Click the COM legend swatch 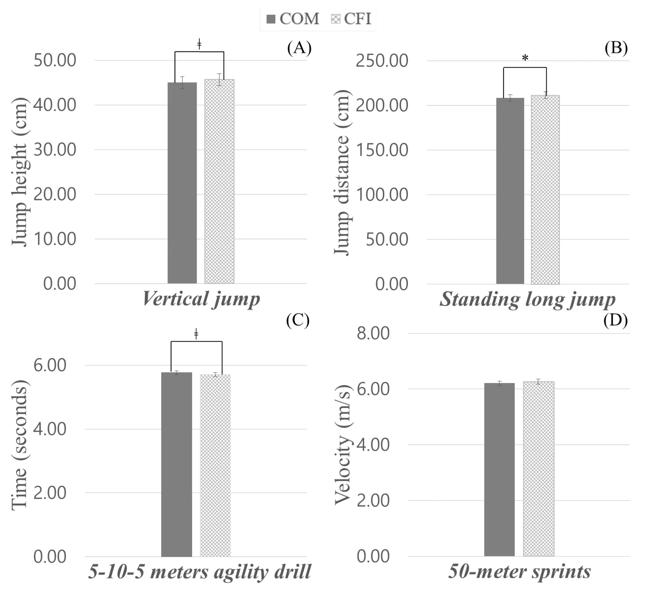pyautogui.click(x=271, y=19)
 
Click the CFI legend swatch pyautogui.click(x=335, y=19)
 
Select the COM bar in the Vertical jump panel pyautogui.click(x=182, y=183)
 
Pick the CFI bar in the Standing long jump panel pyautogui.click(x=545, y=189)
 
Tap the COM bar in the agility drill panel pyautogui.click(x=177, y=464)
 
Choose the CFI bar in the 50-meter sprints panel pyautogui.click(x=539, y=469)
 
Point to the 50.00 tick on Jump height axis pyautogui.click(x=55, y=60)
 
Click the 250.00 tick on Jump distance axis pyautogui.click(x=382, y=61)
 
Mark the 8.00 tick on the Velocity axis pyautogui.click(x=373, y=333)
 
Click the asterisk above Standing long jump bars pyautogui.click(x=525, y=58)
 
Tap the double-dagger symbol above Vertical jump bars pyautogui.click(x=199, y=44)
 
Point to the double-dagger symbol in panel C pyautogui.click(x=196, y=334)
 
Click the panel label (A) pyautogui.click(x=299, y=48)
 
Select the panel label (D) pyautogui.click(x=616, y=320)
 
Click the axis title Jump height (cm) pyautogui.click(x=20, y=172)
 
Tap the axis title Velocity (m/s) pyautogui.click(x=343, y=445)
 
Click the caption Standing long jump pyautogui.click(x=527, y=299)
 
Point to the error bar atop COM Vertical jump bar pyautogui.click(x=182, y=82)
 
